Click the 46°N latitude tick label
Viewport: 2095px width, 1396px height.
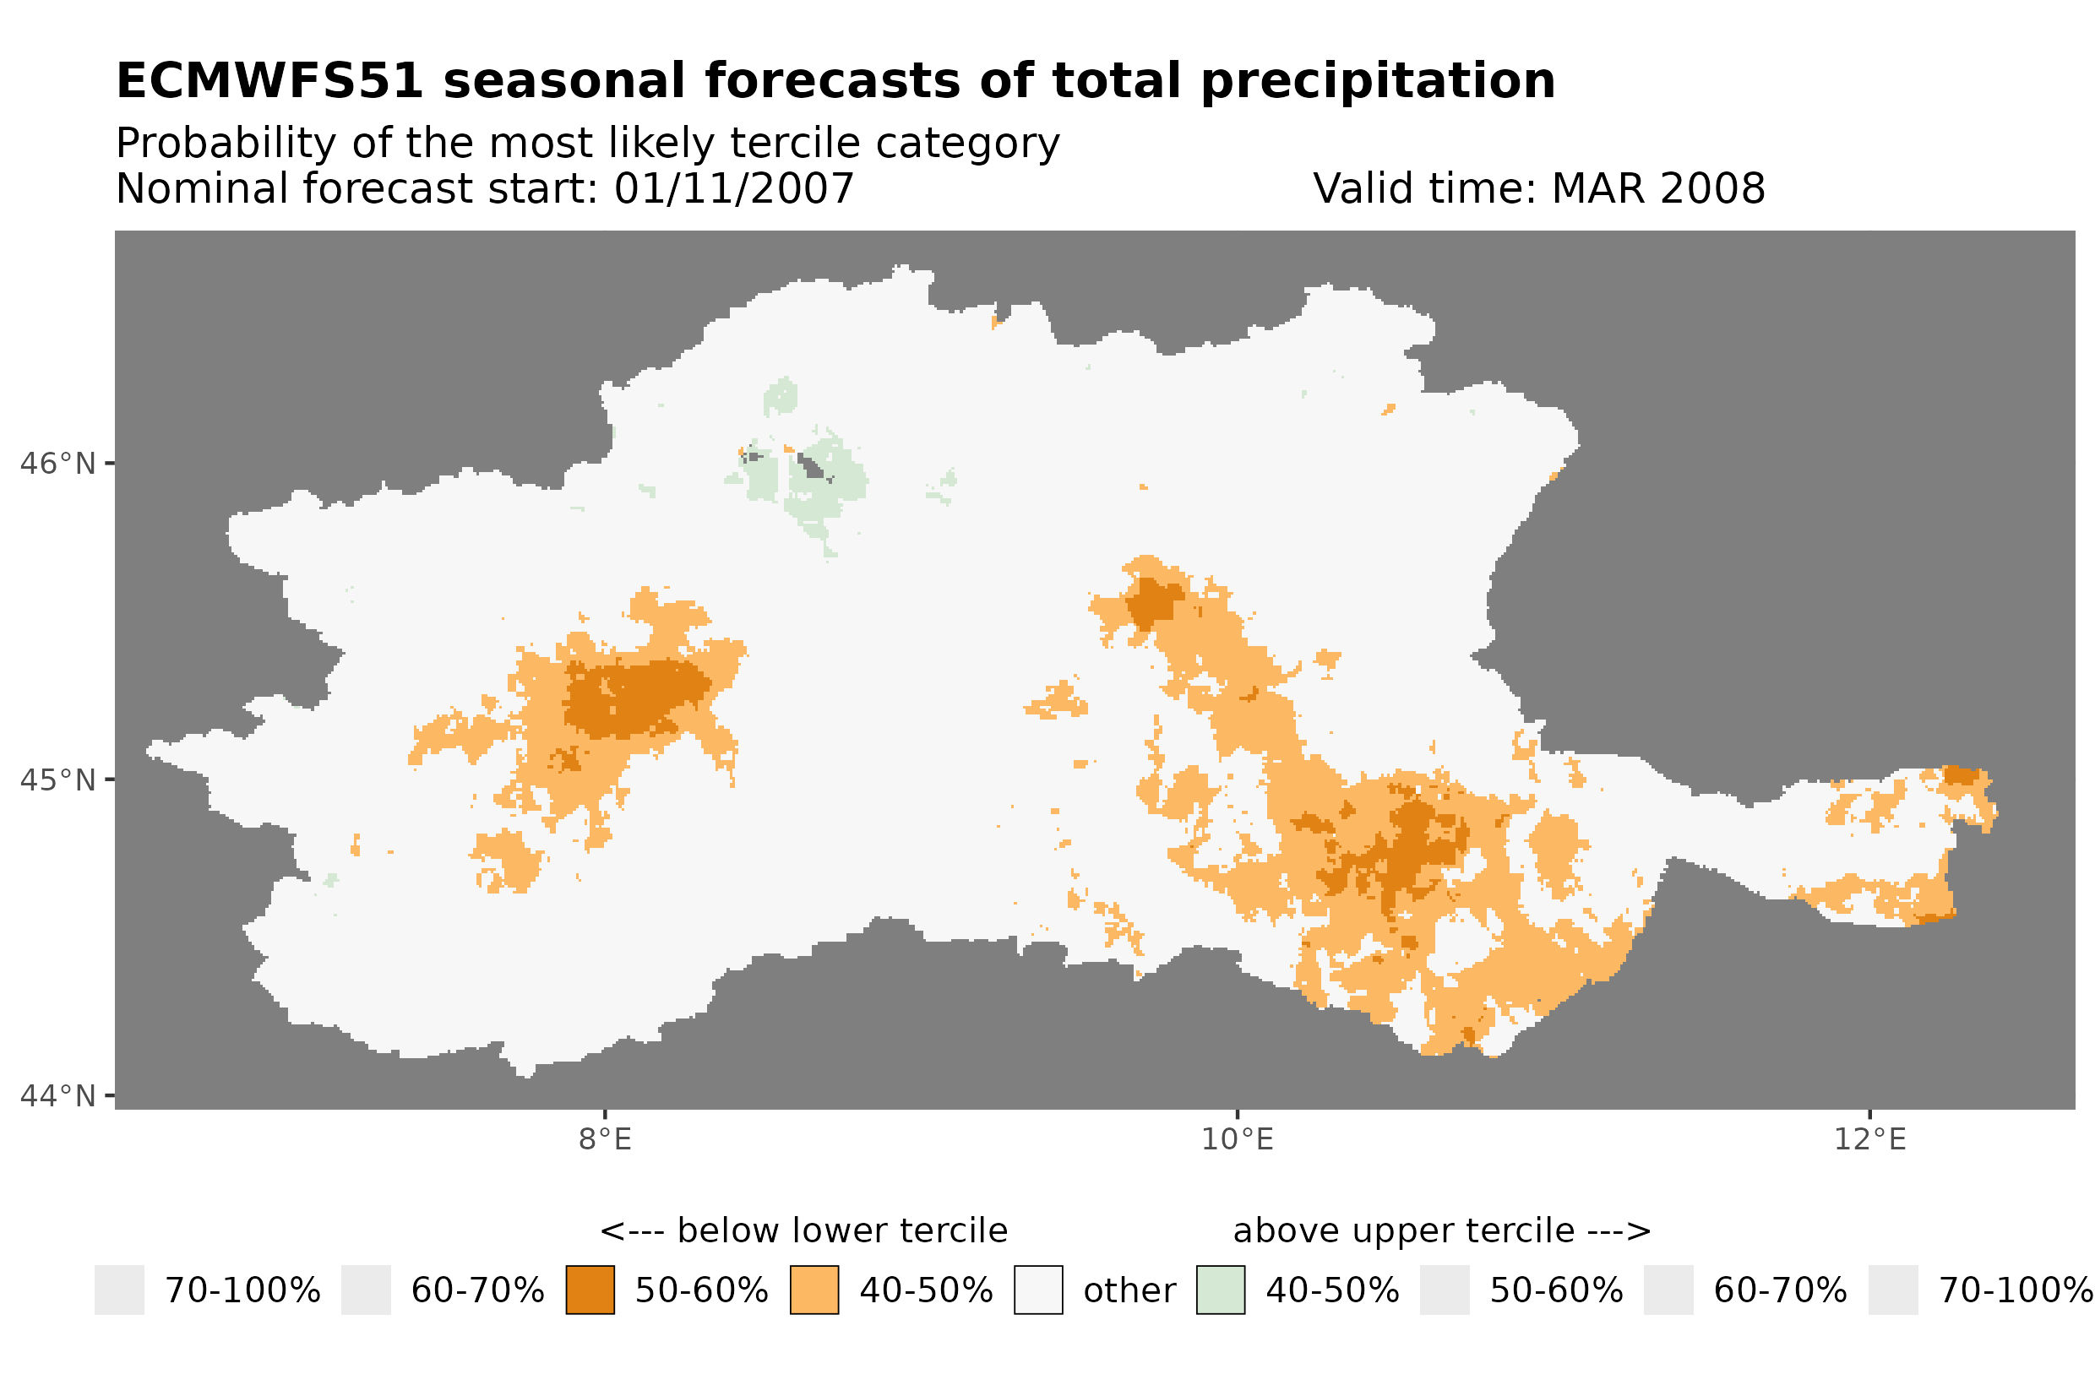pos(57,464)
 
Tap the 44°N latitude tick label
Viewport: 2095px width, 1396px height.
pos(57,1096)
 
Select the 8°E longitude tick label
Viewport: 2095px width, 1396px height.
pos(605,1139)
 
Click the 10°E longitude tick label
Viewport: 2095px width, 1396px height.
pos(1237,1139)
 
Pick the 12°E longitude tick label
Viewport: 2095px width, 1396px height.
pos(1869,1139)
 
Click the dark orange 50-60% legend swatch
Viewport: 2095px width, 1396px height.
pos(590,1290)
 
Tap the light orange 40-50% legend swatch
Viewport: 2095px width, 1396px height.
pos(814,1290)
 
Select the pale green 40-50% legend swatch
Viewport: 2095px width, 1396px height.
pos(1220,1290)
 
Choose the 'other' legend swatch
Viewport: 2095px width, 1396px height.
pos(1038,1290)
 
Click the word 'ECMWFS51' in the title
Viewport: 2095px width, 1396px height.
pos(269,81)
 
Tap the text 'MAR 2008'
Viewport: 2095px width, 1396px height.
pos(1657,188)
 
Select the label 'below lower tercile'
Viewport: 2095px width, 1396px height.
pos(841,1231)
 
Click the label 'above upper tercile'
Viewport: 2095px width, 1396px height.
pos(1403,1231)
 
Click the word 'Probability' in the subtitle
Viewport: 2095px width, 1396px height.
pos(226,144)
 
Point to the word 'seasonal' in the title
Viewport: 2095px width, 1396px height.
pos(564,81)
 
